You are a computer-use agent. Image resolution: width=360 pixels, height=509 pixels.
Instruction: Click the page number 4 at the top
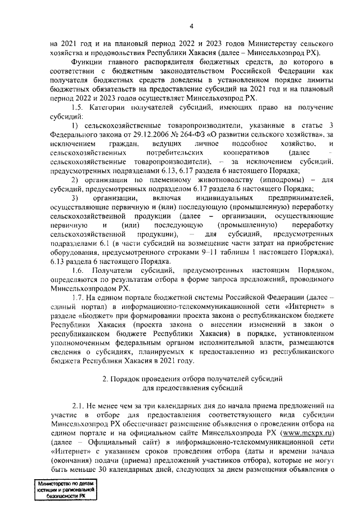pyautogui.click(x=191, y=26)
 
